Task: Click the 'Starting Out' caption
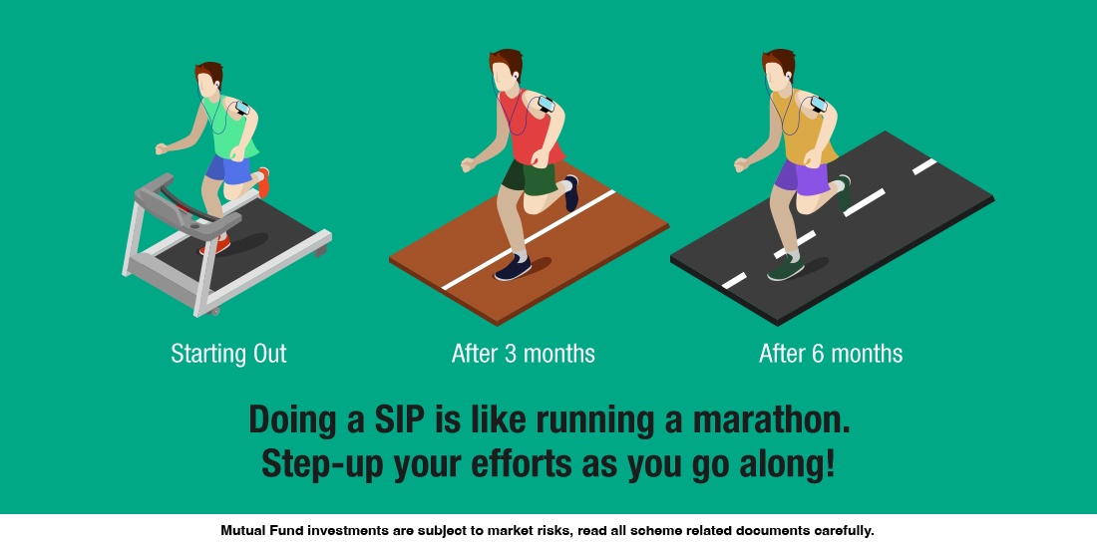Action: (228, 354)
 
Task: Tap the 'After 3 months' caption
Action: (523, 354)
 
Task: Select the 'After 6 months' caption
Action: (831, 354)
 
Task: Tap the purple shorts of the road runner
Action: (801, 177)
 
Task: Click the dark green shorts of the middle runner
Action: (527, 177)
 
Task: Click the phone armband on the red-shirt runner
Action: (547, 104)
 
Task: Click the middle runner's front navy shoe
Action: (512, 267)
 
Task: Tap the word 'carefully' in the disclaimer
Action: (839, 531)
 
